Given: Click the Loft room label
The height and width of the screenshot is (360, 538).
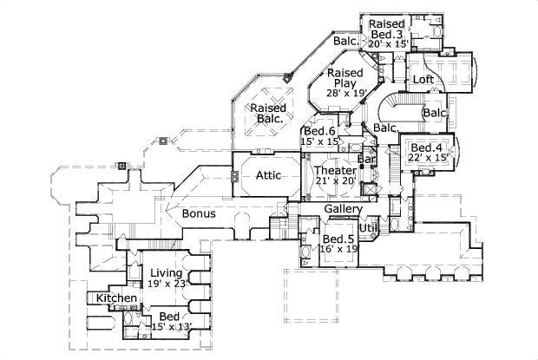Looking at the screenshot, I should [423, 80].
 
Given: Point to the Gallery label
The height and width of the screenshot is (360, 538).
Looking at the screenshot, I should [343, 210].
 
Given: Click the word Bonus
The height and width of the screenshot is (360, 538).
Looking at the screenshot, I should [198, 213].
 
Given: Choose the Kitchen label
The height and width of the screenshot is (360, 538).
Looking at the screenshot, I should [115, 298].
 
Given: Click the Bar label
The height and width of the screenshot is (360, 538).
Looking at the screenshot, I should [366, 160].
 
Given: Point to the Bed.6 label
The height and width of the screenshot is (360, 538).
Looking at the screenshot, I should [319, 131].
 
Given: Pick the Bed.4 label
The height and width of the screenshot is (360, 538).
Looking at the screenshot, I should [427, 148].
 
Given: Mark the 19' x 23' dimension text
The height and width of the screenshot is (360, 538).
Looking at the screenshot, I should [168, 283].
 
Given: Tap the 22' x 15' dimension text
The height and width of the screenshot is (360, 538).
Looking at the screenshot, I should [427, 158].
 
